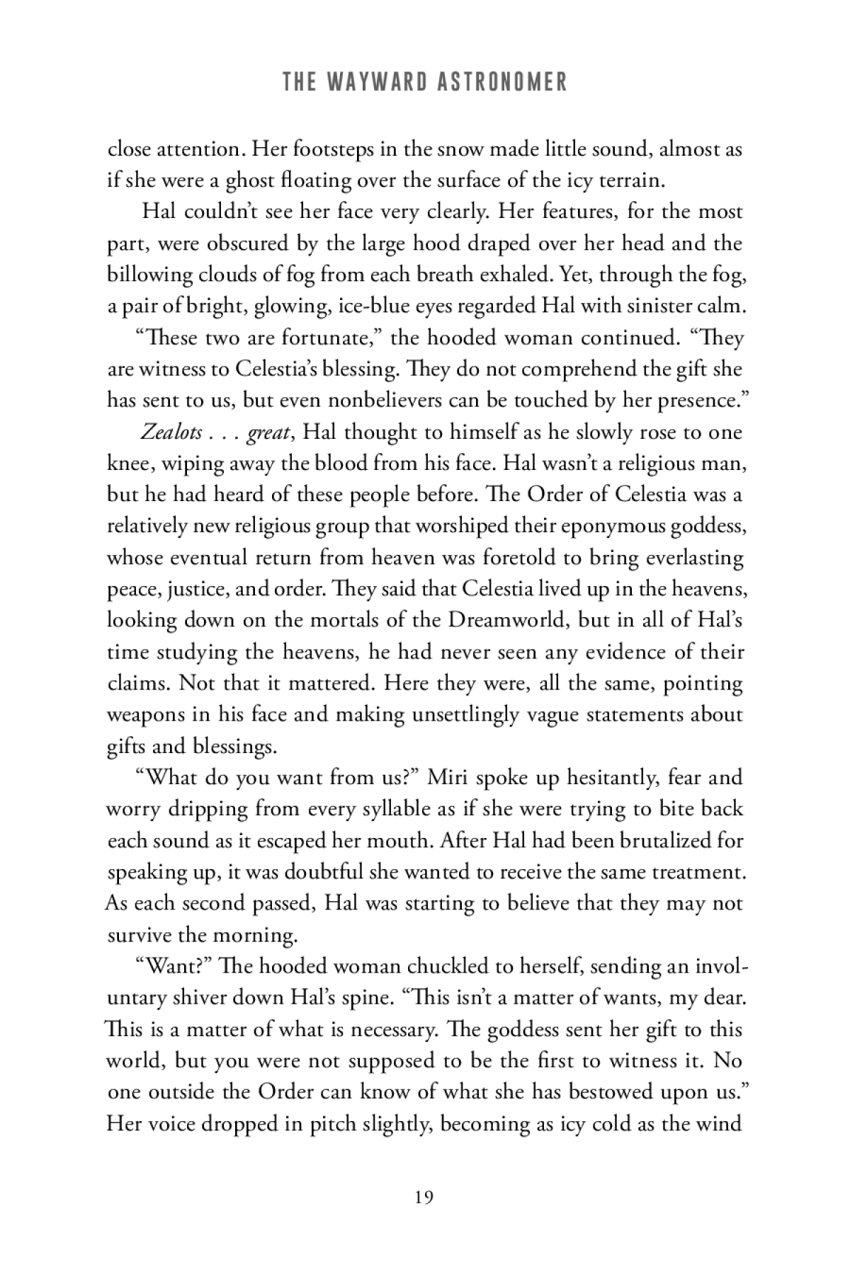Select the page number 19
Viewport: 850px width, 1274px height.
coord(424,1198)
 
